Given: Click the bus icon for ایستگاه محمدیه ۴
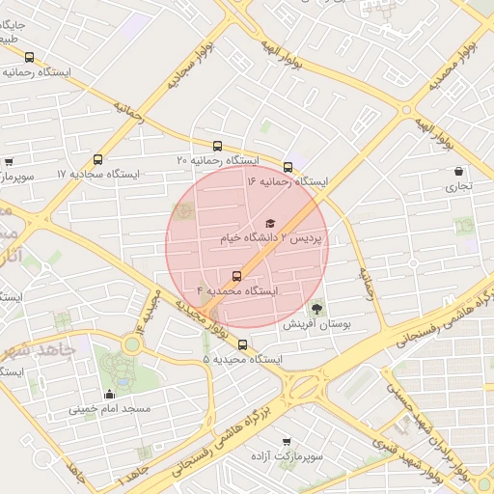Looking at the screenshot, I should [237, 275].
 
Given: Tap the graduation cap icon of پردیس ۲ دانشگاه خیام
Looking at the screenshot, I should [269, 223].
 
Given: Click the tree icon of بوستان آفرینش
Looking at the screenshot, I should [317, 310].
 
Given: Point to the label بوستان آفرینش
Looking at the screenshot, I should [316, 325].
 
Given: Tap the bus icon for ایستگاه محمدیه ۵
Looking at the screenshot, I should [242, 344].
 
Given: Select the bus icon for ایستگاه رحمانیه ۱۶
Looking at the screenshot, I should [288, 167].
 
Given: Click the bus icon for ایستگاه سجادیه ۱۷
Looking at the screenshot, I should [97, 160].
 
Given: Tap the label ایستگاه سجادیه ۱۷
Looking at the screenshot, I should [98, 175].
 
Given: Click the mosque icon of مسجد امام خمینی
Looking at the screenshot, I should [109, 394].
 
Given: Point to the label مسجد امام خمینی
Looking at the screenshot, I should [109, 408].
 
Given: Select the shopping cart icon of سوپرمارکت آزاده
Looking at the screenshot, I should [287, 441].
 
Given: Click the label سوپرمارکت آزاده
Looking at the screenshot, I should [287, 455].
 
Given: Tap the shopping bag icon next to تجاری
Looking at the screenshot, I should [458, 172].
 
